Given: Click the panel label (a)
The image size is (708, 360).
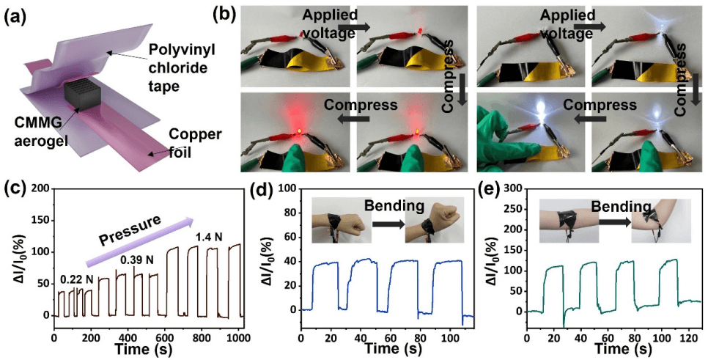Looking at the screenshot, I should (x=16, y=12).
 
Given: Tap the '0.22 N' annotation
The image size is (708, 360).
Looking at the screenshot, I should (x=76, y=279).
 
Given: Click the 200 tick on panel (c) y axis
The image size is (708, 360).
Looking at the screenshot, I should (x=43, y=189).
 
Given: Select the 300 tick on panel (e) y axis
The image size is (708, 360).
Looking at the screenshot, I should (x=514, y=189).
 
